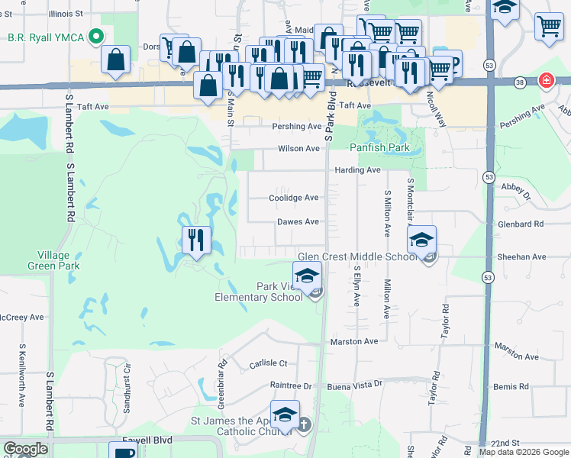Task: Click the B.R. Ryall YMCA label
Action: pos(45,37)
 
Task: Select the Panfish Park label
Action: pos(379,147)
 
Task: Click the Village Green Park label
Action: pos(59,260)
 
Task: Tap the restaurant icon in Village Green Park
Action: pos(196,241)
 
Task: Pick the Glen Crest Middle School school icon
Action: pos(421,240)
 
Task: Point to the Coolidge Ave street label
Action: pos(293,198)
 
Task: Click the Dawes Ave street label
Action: pos(297,222)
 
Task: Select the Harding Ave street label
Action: pos(356,170)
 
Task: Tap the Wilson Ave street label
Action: pos(298,149)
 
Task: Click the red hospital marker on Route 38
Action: pos(546,80)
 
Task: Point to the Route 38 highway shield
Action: pos(520,82)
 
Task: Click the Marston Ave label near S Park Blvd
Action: pos(354,341)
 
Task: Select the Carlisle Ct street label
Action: pos(268,364)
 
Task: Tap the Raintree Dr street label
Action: pos(291,386)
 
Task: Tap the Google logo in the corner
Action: pos(25,449)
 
